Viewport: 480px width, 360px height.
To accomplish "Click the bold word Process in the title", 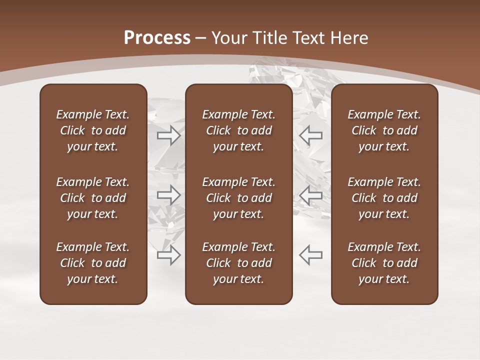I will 157,38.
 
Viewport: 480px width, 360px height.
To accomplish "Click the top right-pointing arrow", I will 169,135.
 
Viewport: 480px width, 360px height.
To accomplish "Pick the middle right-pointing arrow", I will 169,195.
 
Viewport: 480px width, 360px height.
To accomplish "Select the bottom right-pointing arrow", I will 169,255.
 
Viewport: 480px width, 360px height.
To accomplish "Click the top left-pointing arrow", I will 310,135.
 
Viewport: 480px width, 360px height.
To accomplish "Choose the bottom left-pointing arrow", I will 310,255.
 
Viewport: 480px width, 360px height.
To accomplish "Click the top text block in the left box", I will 93,130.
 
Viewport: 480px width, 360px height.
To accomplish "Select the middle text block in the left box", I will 93,198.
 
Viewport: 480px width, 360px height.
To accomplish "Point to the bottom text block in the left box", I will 93,263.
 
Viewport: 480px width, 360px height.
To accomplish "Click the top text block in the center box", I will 238,130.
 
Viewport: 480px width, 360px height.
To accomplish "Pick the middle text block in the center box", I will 238,198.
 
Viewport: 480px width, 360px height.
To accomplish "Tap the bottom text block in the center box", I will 238,263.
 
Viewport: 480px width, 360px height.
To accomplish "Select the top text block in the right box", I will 384,130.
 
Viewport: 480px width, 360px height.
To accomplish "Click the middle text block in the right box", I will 384,198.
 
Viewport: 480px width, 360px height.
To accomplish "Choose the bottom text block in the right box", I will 384,263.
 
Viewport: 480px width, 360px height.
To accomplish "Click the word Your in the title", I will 228,38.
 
